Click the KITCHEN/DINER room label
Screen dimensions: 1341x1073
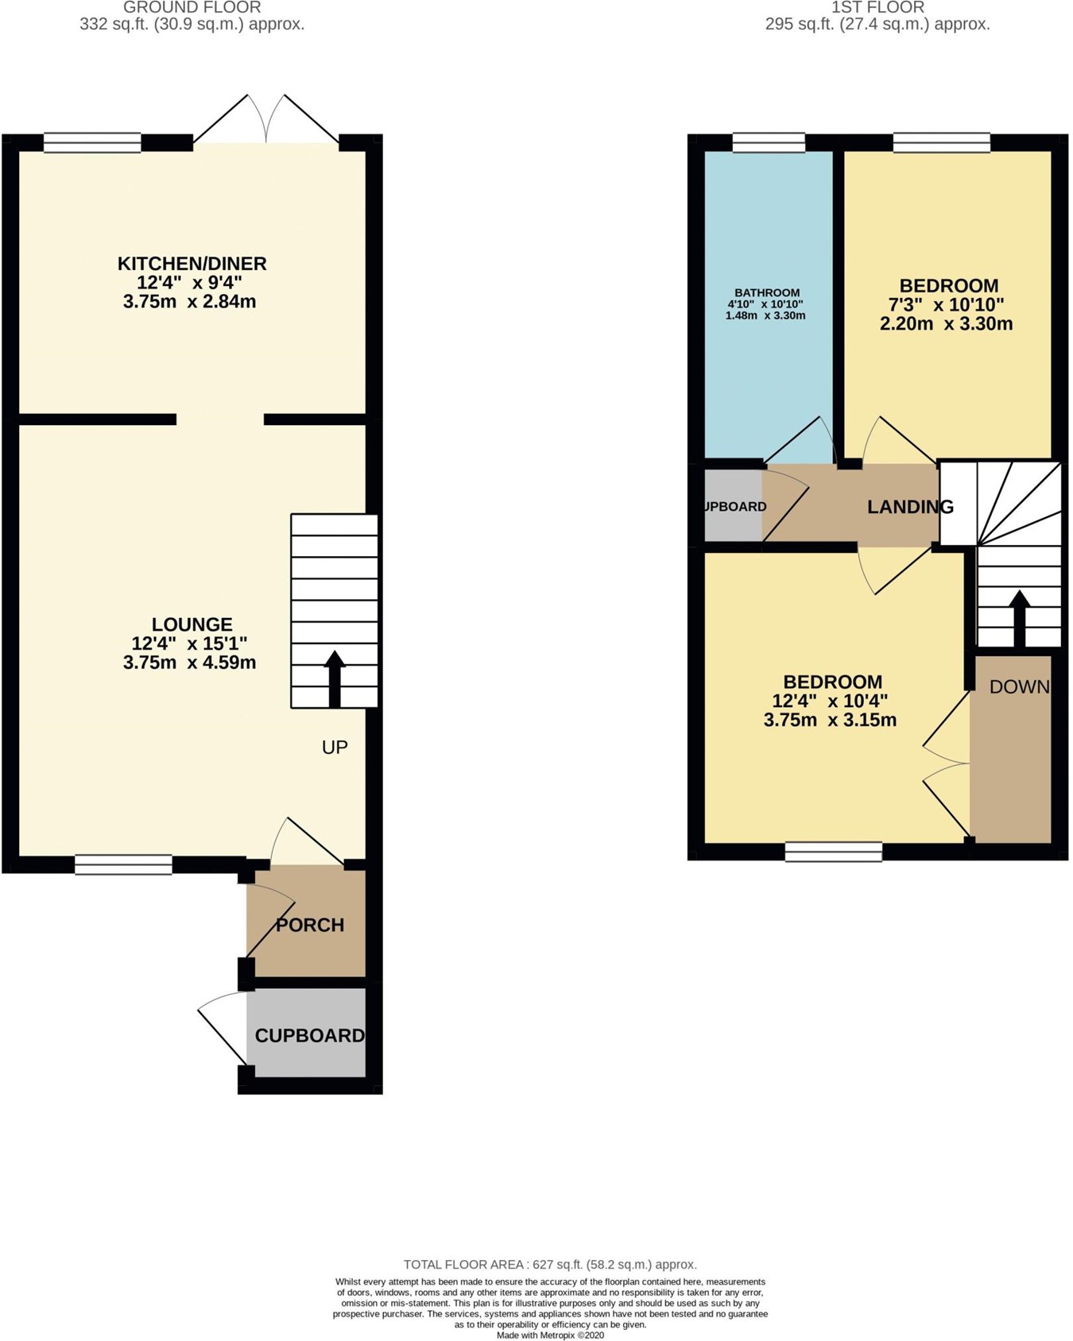click(x=192, y=264)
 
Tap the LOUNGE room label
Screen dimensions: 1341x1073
click(x=192, y=625)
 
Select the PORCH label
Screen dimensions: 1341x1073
click(x=310, y=926)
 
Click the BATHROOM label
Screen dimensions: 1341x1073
click(x=767, y=292)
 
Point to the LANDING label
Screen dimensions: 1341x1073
click(x=909, y=507)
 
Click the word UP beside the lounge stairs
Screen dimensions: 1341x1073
click(x=335, y=748)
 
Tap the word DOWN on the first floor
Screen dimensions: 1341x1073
click(x=1019, y=687)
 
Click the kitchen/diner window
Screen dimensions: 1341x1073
click(x=92, y=143)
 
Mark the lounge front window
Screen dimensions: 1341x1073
click(x=123, y=865)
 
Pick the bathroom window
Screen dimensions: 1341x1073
click(x=768, y=143)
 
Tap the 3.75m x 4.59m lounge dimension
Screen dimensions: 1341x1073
click(x=190, y=663)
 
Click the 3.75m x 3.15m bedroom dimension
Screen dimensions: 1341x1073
click(x=830, y=721)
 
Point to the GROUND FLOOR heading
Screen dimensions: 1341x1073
click(x=192, y=7)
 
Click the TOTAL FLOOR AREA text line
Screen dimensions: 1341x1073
click(x=550, y=1265)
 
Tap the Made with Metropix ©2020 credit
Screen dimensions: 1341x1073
click(x=550, y=1335)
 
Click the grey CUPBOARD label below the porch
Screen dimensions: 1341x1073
click(x=309, y=1036)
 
